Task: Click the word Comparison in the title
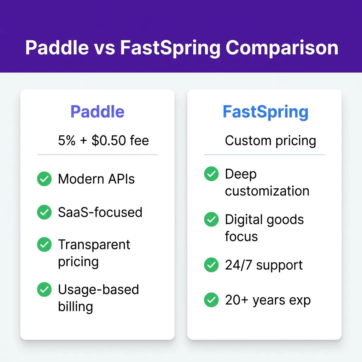click(x=282, y=48)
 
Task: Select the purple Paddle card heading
click(x=97, y=111)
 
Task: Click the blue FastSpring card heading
click(x=265, y=112)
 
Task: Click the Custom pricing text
click(x=270, y=141)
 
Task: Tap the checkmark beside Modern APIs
click(x=44, y=179)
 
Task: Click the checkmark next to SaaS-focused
click(x=44, y=212)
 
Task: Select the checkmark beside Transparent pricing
click(x=44, y=244)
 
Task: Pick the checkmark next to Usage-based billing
click(x=44, y=289)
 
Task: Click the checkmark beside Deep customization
click(x=211, y=174)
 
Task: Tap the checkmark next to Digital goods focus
click(x=211, y=219)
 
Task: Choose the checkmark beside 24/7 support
click(x=211, y=264)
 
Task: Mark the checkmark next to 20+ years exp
click(x=211, y=300)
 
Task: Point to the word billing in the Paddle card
click(x=76, y=307)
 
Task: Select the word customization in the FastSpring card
click(x=267, y=191)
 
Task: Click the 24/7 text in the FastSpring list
click(x=238, y=265)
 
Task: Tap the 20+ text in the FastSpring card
click(x=237, y=300)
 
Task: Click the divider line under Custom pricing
click(x=264, y=154)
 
